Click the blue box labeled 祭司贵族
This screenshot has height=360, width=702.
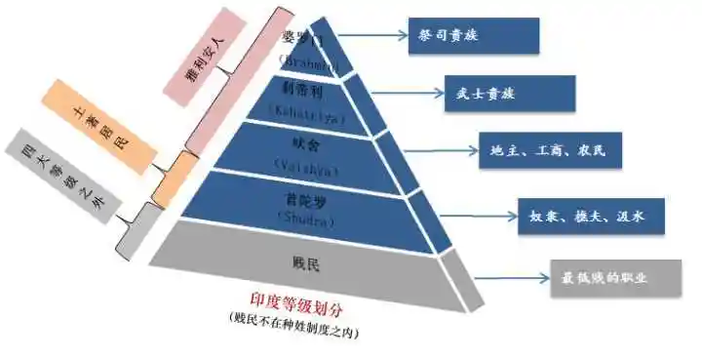point(473,35)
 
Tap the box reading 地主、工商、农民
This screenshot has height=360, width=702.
point(549,151)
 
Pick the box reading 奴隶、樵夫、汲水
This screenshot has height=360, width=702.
point(591,216)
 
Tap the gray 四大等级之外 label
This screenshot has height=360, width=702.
point(58,175)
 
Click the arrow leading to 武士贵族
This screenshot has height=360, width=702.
point(410,96)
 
